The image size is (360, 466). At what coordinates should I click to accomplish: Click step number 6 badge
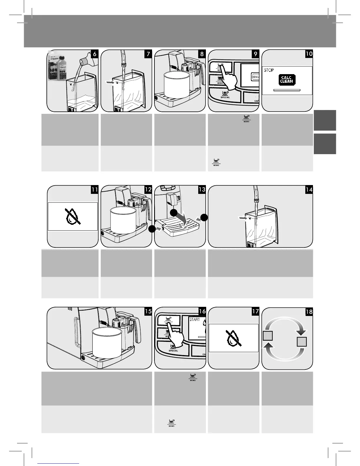click(94, 54)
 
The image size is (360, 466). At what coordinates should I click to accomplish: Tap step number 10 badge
click(309, 54)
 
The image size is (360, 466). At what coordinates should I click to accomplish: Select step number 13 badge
click(202, 189)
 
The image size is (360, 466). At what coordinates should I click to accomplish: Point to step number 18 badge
click(309, 311)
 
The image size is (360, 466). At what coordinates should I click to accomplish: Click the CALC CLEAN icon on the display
click(286, 80)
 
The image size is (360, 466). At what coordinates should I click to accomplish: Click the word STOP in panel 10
click(269, 70)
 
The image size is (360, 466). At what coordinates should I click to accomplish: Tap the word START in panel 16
click(194, 319)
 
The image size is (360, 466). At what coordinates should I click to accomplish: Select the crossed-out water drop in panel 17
click(234, 338)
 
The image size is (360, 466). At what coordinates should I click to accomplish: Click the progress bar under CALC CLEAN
click(287, 90)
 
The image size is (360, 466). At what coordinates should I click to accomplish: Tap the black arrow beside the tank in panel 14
click(243, 218)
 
